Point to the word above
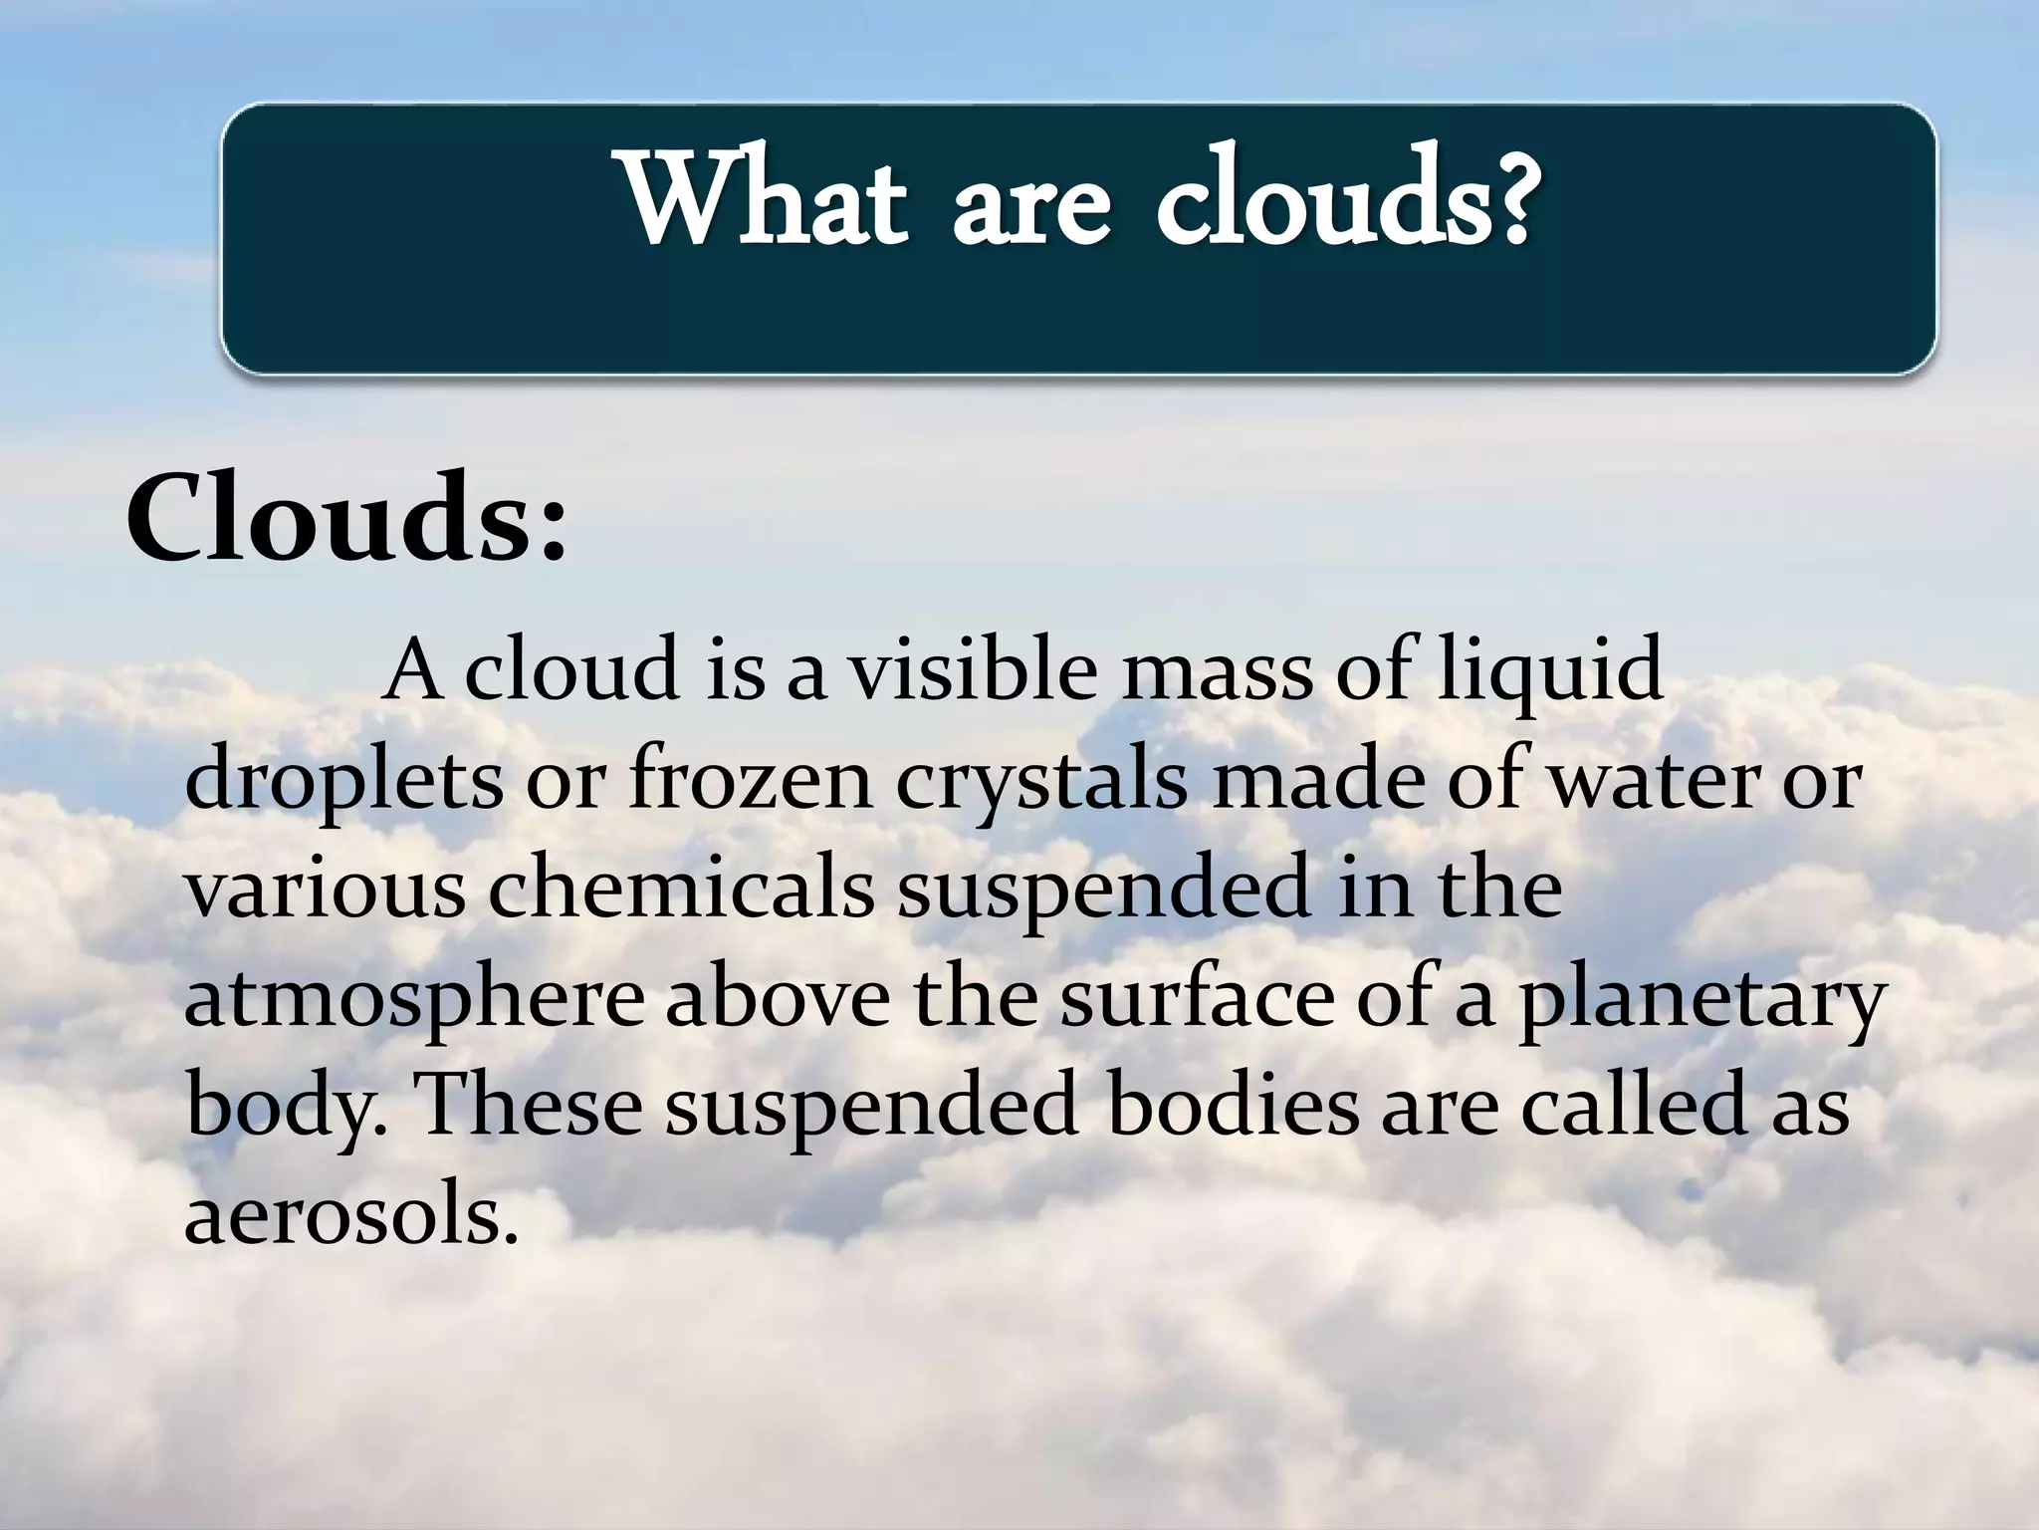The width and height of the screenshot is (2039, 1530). tap(778, 999)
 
